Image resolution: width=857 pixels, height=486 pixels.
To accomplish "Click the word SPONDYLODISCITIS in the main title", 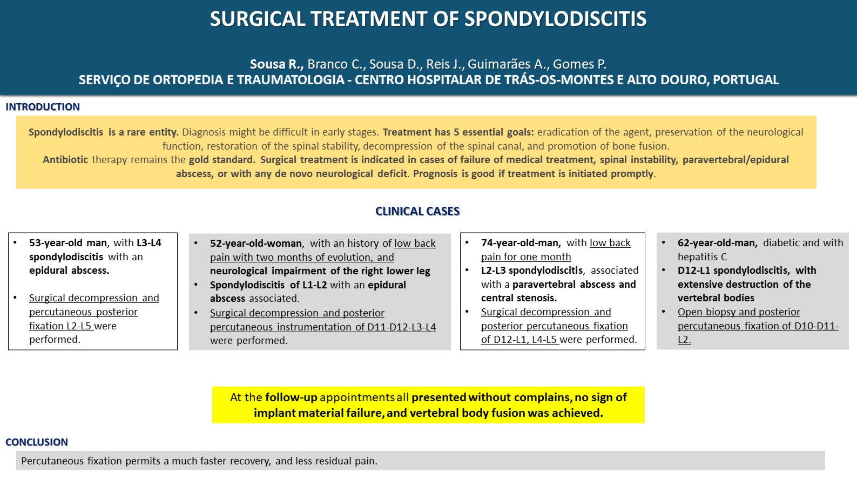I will [555, 19].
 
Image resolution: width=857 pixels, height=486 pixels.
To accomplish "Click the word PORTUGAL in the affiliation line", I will [746, 80].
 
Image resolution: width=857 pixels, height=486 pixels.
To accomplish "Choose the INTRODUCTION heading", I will [43, 107].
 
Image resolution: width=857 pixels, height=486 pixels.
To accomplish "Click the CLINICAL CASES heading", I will [417, 211].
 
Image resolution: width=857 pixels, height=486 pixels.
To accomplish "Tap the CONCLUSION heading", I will [37, 442].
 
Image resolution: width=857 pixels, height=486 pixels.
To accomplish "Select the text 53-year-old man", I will [68, 243].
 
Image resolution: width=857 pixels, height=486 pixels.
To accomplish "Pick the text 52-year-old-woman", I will [257, 244].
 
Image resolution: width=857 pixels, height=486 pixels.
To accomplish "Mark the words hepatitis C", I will [702, 257].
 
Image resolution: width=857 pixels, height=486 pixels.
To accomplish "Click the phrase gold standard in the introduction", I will [221, 160].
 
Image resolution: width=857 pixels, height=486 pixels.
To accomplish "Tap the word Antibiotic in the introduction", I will [65, 160].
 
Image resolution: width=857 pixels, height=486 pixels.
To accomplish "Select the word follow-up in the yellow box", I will [291, 397].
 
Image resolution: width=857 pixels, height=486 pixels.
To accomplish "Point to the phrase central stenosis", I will [518, 298].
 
